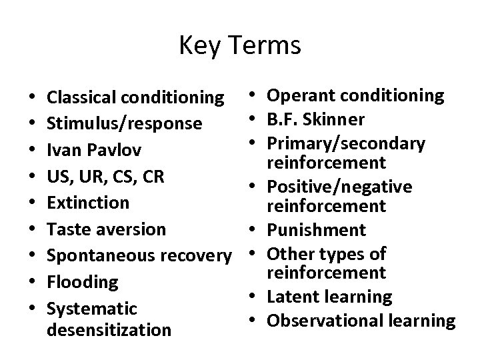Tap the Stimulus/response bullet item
coord(124,123)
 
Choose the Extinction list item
coord(87,202)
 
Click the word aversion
coord(133,229)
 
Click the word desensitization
coord(110,329)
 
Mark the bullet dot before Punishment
coord(254,230)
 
